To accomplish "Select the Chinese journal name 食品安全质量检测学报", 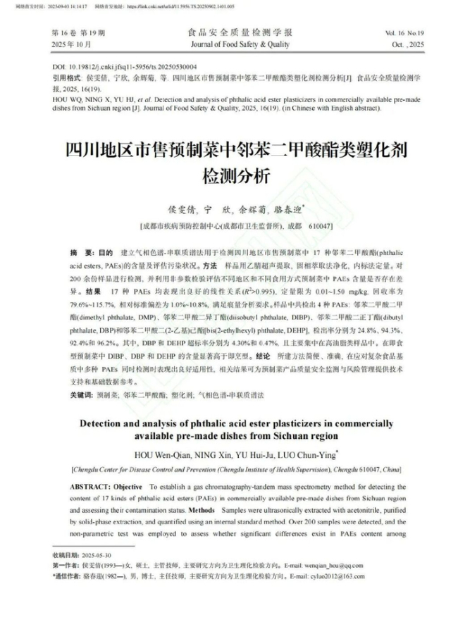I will click(x=230, y=32).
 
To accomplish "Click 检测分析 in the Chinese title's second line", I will click(x=229, y=176).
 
